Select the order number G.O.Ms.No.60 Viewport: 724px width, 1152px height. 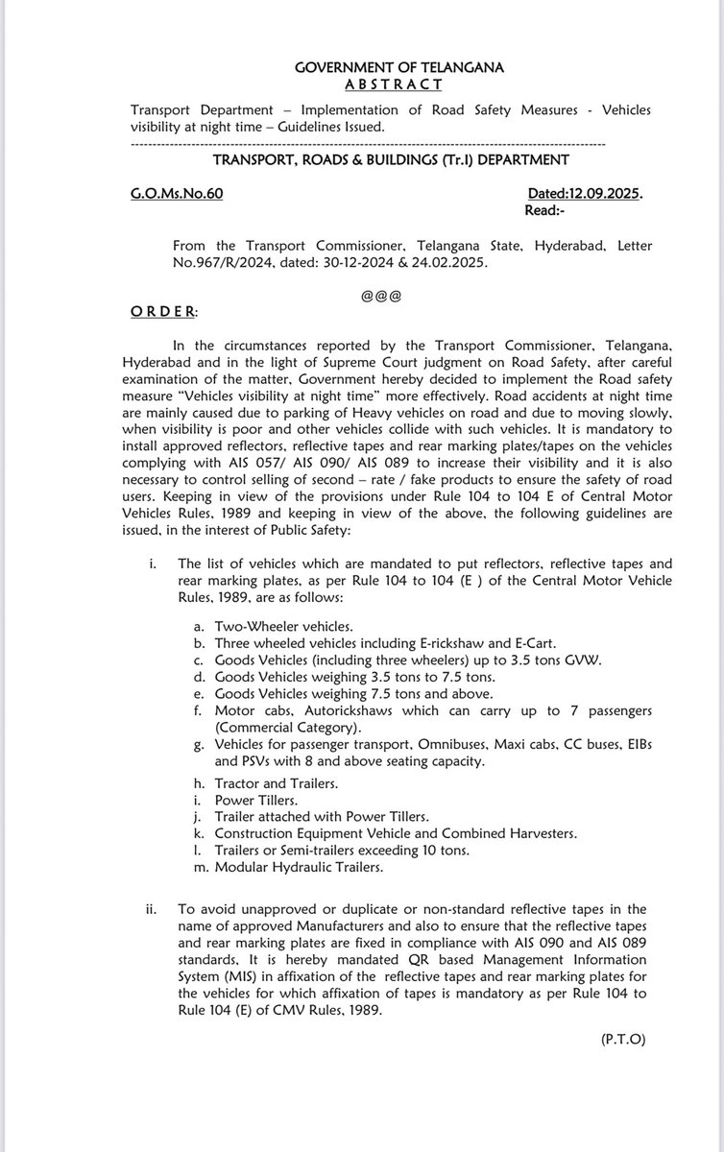[177, 194]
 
